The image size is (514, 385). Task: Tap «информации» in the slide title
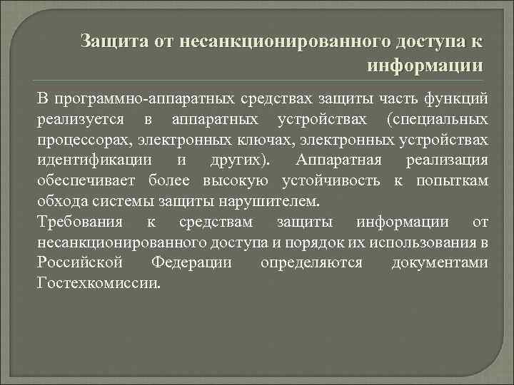[x=425, y=66]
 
